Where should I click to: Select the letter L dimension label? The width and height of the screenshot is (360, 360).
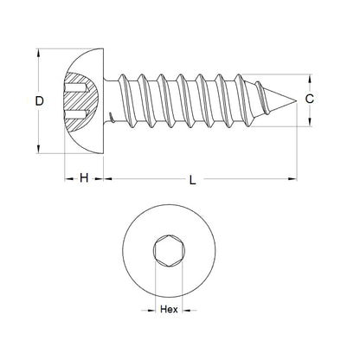pos(192,180)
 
